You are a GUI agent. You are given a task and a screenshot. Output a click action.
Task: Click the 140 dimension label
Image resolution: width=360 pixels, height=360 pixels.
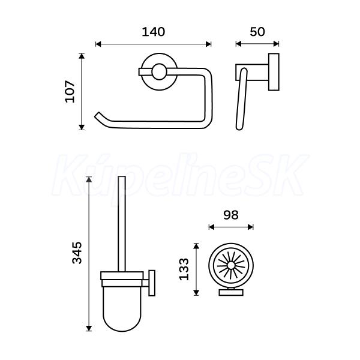click(x=153, y=32)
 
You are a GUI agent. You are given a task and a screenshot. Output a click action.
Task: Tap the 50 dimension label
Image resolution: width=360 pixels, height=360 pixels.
click(x=257, y=32)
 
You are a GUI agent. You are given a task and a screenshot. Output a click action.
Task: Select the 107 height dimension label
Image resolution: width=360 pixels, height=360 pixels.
click(x=70, y=91)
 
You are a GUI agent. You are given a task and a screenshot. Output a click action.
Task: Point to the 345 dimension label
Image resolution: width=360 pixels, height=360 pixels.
click(x=77, y=253)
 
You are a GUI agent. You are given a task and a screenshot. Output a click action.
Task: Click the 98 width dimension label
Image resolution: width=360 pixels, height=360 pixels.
click(x=231, y=215)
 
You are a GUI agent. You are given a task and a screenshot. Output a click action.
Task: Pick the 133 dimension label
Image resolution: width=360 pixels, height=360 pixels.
click(x=184, y=269)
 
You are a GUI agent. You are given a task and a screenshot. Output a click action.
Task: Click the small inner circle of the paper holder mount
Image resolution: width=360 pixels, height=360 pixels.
click(x=159, y=71)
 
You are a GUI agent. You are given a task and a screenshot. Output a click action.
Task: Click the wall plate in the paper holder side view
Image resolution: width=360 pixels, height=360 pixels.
click(x=274, y=72)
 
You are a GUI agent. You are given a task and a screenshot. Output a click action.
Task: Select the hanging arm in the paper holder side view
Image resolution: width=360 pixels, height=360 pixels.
click(x=242, y=99)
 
